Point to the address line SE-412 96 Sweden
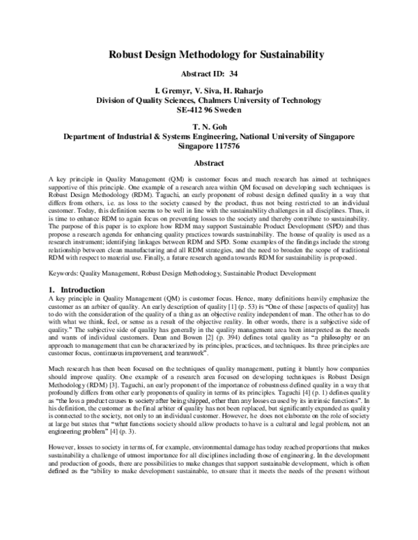tap(208, 109)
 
